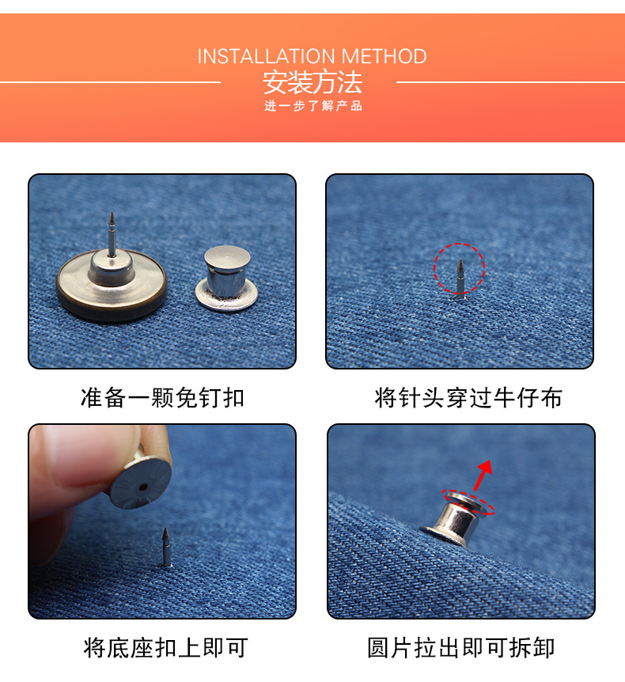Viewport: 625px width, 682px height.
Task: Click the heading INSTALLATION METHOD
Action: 312,56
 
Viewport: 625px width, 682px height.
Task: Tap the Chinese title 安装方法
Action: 312,82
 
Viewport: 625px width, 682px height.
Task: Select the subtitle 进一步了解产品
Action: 313,106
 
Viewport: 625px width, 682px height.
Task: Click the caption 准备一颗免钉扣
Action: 162,397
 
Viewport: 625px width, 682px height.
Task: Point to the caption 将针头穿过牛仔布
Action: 468,397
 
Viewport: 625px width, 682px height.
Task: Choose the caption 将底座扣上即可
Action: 165,648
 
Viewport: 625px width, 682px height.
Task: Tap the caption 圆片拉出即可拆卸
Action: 461,648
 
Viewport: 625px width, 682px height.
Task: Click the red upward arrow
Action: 483,476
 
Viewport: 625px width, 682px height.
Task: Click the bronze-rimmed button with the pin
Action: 112,278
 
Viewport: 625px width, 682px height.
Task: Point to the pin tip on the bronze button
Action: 112,213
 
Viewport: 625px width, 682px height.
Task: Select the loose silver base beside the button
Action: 226,278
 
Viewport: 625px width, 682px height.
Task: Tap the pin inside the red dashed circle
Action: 460,278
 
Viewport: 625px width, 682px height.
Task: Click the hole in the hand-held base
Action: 143,487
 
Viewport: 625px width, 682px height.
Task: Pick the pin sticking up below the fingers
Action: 165,547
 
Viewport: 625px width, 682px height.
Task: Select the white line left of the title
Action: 110,81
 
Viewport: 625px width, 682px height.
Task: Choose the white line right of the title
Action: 510,81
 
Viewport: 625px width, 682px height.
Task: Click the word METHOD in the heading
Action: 384,56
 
